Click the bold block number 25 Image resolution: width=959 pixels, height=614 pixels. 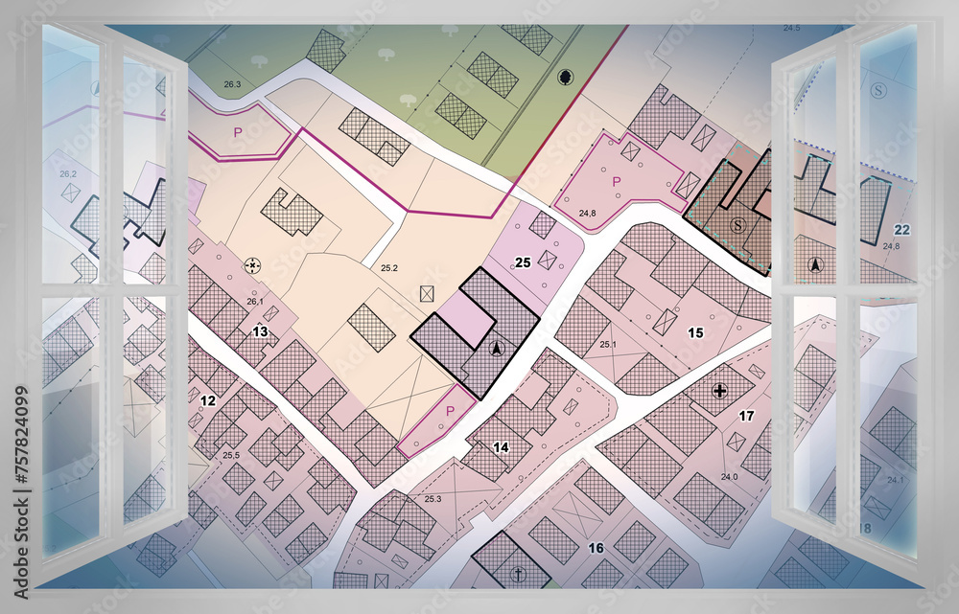[523, 262]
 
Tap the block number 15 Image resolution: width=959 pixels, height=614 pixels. [696, 332]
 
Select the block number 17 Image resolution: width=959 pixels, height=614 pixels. [746, 416]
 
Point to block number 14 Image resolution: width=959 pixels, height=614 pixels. [501, 447]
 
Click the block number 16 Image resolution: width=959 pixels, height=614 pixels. [596, 548]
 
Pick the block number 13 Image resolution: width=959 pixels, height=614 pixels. [260, 331]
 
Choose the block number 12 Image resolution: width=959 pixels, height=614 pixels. [208, 400]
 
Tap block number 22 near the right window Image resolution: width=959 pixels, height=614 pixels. [901, 230]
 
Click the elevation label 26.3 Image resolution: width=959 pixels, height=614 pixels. [232, 84]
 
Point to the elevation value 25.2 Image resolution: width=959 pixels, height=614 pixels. [389, 268]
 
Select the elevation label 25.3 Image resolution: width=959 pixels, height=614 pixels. [433, 499]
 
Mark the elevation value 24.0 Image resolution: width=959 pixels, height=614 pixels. [730, 476]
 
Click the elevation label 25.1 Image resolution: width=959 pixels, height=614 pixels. [608, 344]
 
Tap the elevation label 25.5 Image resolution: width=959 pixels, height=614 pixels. [231, 455]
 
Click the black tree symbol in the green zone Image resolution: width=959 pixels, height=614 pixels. [564, 77]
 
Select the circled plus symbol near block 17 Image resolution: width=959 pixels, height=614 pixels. [720, 390]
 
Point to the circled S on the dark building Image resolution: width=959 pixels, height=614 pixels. [737, 225]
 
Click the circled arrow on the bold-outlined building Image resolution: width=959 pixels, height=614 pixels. [496, 349]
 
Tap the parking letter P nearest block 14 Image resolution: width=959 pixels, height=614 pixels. [452, 411]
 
